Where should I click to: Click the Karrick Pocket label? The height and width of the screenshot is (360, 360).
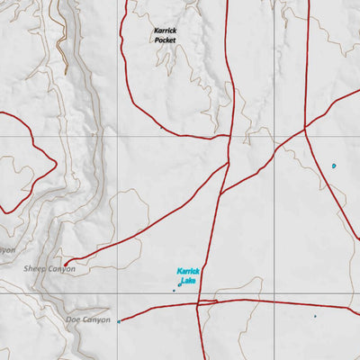coord(165,35)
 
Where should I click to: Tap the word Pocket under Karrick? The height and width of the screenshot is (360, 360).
coord(165,40)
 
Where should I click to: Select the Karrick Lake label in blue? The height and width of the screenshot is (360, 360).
coord(187,275)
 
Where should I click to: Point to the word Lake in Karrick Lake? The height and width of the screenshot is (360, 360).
coord(188,281)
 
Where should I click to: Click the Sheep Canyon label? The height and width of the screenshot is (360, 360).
coord(49,268)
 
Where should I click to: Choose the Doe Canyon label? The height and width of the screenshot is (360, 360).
coord(88,319)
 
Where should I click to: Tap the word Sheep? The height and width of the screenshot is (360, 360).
coord(34,268)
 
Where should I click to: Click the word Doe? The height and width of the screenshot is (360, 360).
coord(75,319)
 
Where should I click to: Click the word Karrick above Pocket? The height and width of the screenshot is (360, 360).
coord(165,30)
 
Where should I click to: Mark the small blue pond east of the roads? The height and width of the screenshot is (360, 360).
coord(333,166)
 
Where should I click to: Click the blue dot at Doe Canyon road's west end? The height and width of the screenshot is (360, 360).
coord(119,321)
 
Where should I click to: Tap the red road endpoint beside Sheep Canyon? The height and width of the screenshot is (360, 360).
coord(66,264)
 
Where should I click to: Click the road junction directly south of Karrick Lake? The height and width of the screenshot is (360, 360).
coord(198,302)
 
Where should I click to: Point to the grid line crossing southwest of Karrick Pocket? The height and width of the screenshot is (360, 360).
coord(118,137)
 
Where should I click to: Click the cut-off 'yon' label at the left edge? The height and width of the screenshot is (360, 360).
coord(7,249)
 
